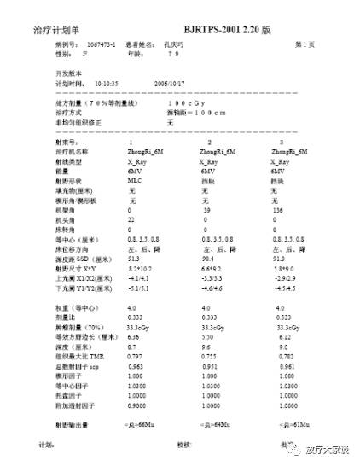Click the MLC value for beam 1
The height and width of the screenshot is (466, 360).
tap(135, 181)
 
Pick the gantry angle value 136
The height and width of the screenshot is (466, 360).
tap(278, 209)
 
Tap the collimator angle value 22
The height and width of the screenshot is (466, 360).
tap(131, 218)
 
